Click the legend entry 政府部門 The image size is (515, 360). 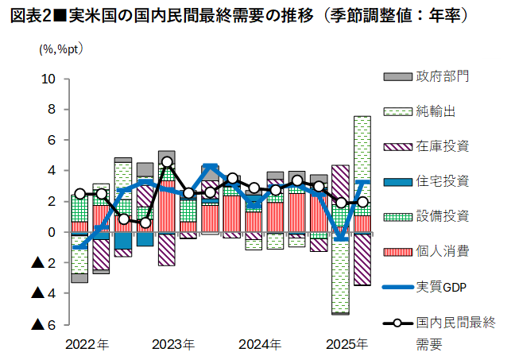[442, 76]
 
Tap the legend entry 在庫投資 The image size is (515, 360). [442, 146]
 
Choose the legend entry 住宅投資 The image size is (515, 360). [442, 181]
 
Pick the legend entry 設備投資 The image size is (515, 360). [442, 216]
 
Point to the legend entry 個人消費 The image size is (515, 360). [442, 251]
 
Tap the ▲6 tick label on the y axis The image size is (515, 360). [44, 324]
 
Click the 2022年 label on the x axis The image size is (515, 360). [87, 345]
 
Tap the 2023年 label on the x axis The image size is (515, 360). [173, 345]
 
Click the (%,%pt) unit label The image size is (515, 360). [61, 48]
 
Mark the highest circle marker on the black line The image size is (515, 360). [167, 162]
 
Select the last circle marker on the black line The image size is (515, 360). [362, 202]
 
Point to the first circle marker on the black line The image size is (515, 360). [79, 193]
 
